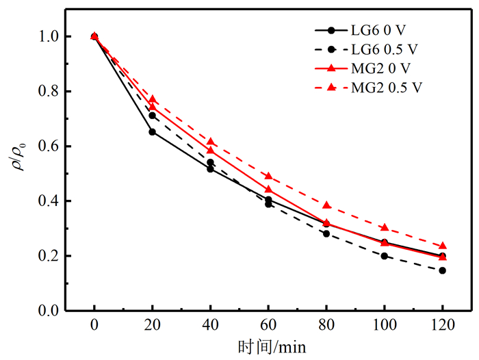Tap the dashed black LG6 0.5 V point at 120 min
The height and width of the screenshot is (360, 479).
coord(442,270)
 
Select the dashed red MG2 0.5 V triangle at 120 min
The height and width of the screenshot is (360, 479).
coord(442,246)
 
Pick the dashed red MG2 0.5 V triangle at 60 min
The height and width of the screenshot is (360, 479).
coord(268,176)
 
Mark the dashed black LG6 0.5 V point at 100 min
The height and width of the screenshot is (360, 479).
coord(384,256)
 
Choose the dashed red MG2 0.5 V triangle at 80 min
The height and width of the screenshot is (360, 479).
coord(326,205)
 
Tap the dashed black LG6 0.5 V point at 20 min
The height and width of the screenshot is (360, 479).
coord(152,116)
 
